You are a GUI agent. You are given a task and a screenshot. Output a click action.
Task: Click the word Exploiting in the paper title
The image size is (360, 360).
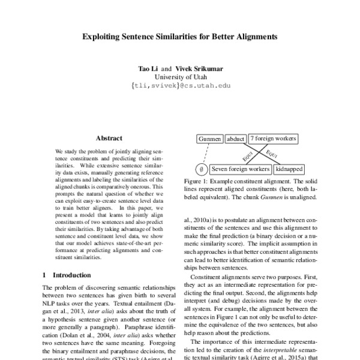coord(100,36)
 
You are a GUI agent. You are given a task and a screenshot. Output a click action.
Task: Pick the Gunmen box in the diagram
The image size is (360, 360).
coord(209,139)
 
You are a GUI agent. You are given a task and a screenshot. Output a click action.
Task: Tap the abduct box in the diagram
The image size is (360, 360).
coord(236,139)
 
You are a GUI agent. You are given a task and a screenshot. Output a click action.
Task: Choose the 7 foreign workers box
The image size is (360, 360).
coord(273,139)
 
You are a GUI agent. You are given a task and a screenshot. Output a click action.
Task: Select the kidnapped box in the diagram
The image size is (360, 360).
coord(281,169)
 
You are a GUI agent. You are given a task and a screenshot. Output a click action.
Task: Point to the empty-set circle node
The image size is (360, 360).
coord(202,169)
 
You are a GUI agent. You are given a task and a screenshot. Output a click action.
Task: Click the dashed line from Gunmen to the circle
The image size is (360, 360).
coord(205,154)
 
